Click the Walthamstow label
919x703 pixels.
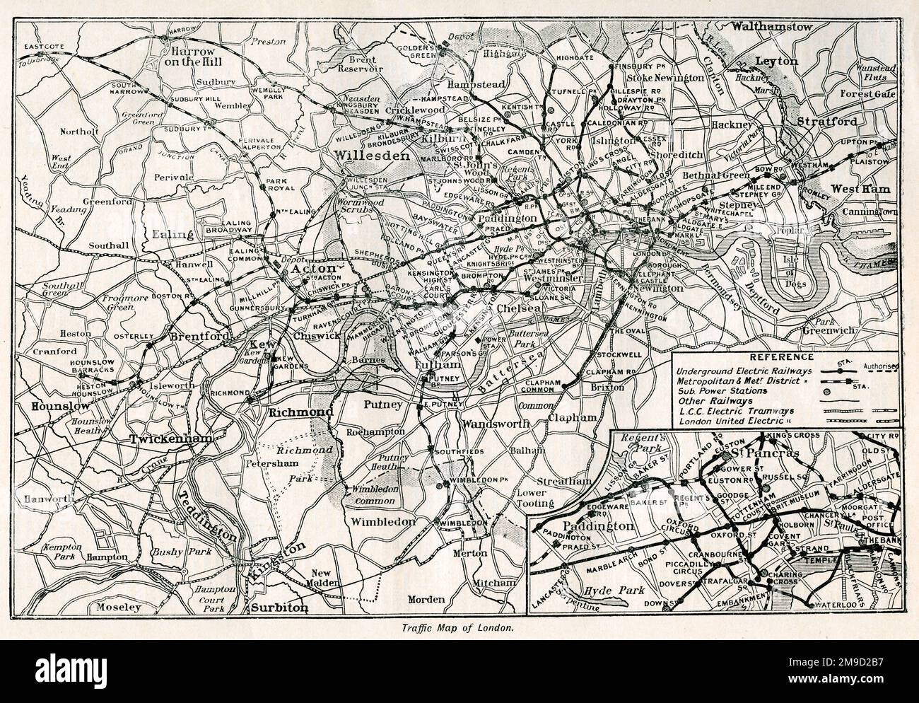[772, 27]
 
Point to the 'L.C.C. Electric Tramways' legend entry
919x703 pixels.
[734, 411]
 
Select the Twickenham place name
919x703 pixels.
[170, 440]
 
